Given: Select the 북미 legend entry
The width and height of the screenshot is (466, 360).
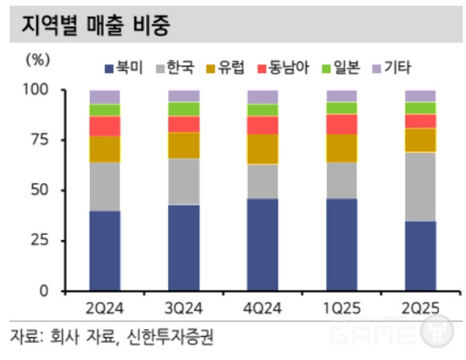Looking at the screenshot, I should coord(123,69).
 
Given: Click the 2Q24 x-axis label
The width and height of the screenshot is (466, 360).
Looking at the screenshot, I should coord(104,308).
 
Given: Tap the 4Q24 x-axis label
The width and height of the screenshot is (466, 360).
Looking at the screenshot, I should coord(263,308).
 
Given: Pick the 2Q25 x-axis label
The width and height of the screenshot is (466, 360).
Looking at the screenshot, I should coord(420,308).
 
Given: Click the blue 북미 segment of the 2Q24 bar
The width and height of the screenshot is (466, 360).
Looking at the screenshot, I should coord(105,251).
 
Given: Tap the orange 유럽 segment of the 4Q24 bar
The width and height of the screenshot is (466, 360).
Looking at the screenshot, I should coord(263,149).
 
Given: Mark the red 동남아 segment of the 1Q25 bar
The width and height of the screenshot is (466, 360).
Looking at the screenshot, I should coord(342,124).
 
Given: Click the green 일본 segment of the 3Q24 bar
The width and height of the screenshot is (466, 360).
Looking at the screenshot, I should coord(183,109).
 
